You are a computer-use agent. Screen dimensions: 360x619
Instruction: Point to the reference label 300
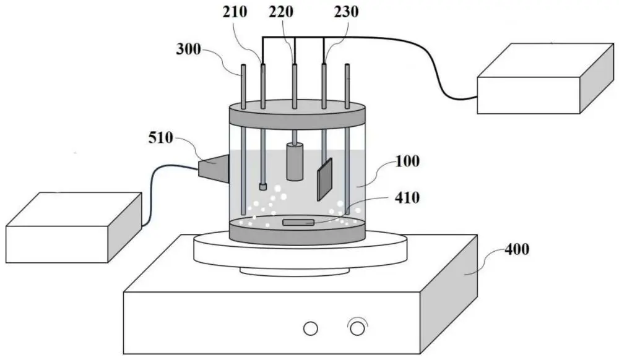pyautogui.click(x=188, y=49)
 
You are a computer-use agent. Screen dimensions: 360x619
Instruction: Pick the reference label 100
pyautogui.click(x=408, y=162)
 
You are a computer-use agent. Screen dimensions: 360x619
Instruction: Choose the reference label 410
pyautogui.click(x=408, y=198)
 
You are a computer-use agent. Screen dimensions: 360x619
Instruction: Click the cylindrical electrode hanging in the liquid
pyautogui.click(x=295, y=161)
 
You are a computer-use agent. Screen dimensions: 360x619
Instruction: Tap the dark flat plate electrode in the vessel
pyautogui.click(x=324, y=179)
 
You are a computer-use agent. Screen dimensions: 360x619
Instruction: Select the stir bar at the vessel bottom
pyautogui.click(x=298, y=222)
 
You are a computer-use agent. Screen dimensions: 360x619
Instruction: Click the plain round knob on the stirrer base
pyautogui.click(x=311, y=328)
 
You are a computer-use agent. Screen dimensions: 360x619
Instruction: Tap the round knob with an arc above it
pyautogui.click(x=357, y=328)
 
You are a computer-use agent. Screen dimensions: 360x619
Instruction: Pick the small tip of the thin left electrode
pyautogui.click(x=263, y=186)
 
